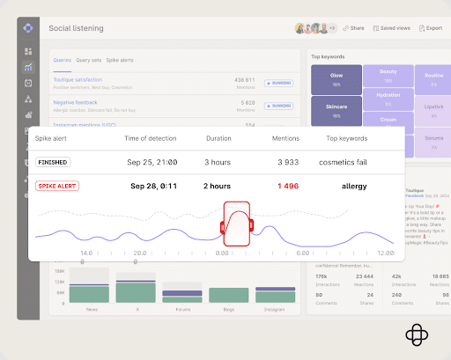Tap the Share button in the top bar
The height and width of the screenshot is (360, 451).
coord(353,28)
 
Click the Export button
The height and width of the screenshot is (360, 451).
coord(431,28)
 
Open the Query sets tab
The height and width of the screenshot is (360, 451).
coord(88,60)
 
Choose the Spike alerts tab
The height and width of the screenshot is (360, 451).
coord(121,60)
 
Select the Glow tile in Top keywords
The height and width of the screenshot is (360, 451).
coord(336,78)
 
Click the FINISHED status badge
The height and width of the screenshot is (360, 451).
coord(53,163)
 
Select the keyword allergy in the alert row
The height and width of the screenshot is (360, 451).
coord(353,187)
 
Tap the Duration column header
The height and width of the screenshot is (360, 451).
coord(218,139)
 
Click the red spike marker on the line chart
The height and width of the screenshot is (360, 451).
coord(238,224)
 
